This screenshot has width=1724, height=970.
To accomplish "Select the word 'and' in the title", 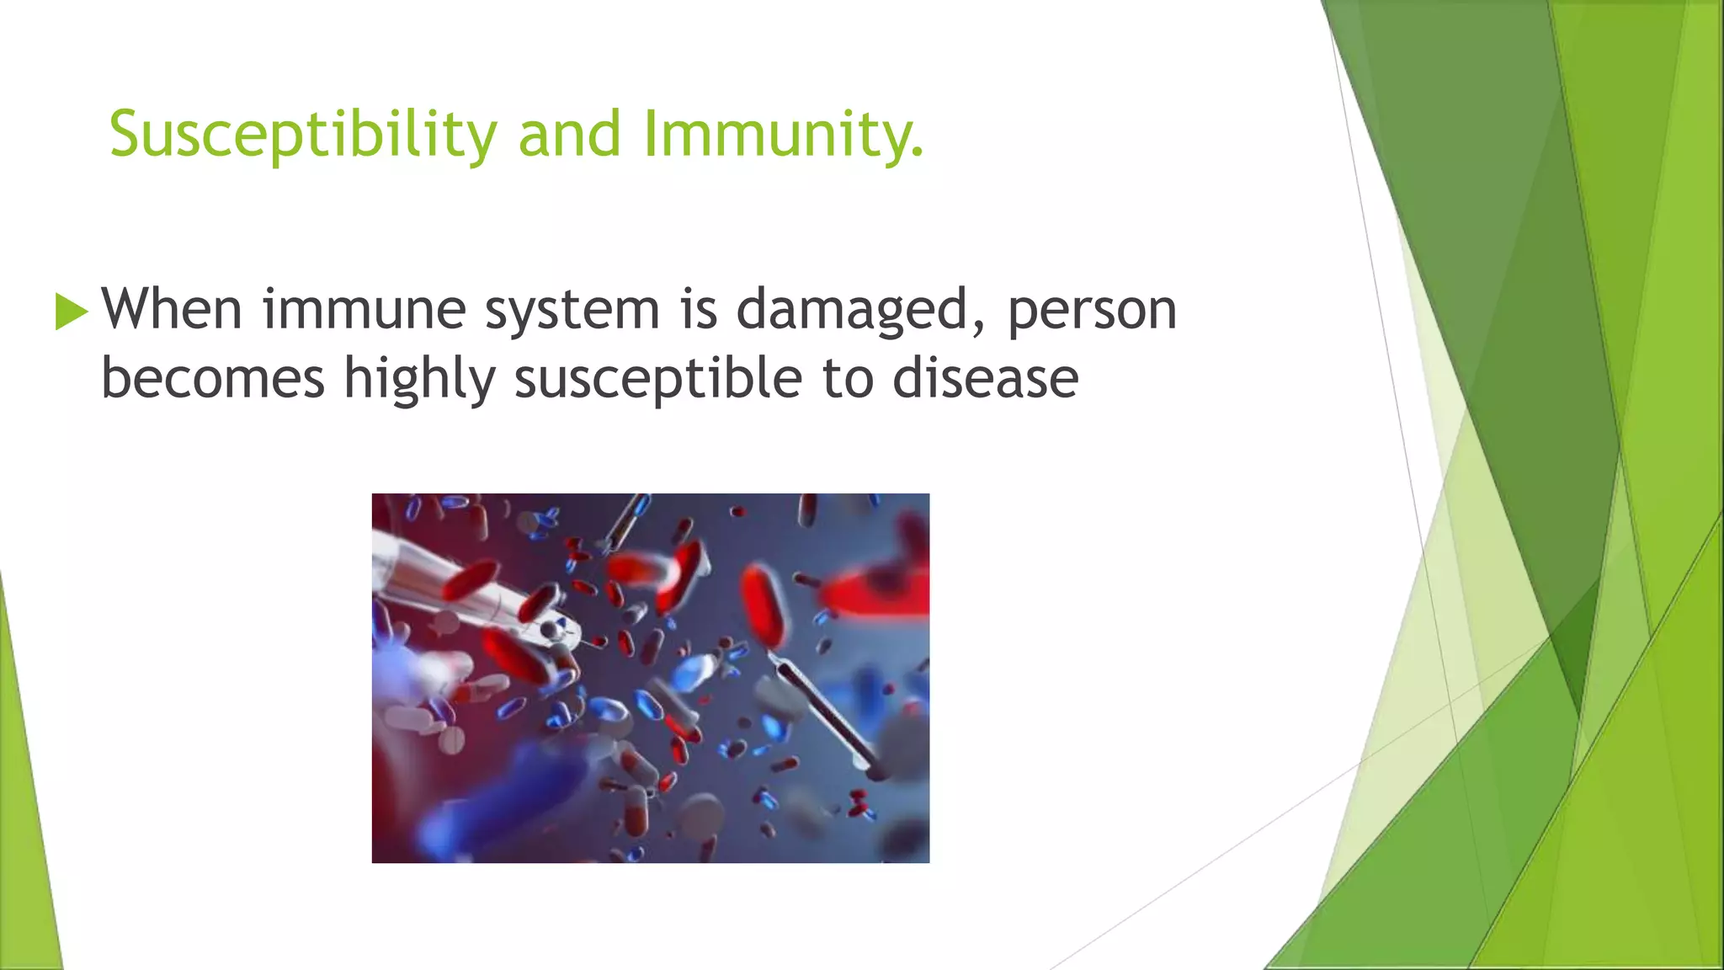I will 569,135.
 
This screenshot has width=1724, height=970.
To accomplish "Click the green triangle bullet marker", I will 71,312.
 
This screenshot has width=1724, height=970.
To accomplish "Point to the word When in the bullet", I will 172,309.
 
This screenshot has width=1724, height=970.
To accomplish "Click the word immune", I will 364,309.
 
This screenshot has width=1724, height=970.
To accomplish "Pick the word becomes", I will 212,378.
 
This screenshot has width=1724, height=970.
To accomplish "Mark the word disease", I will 985,378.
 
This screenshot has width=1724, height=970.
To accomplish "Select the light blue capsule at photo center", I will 692,674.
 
